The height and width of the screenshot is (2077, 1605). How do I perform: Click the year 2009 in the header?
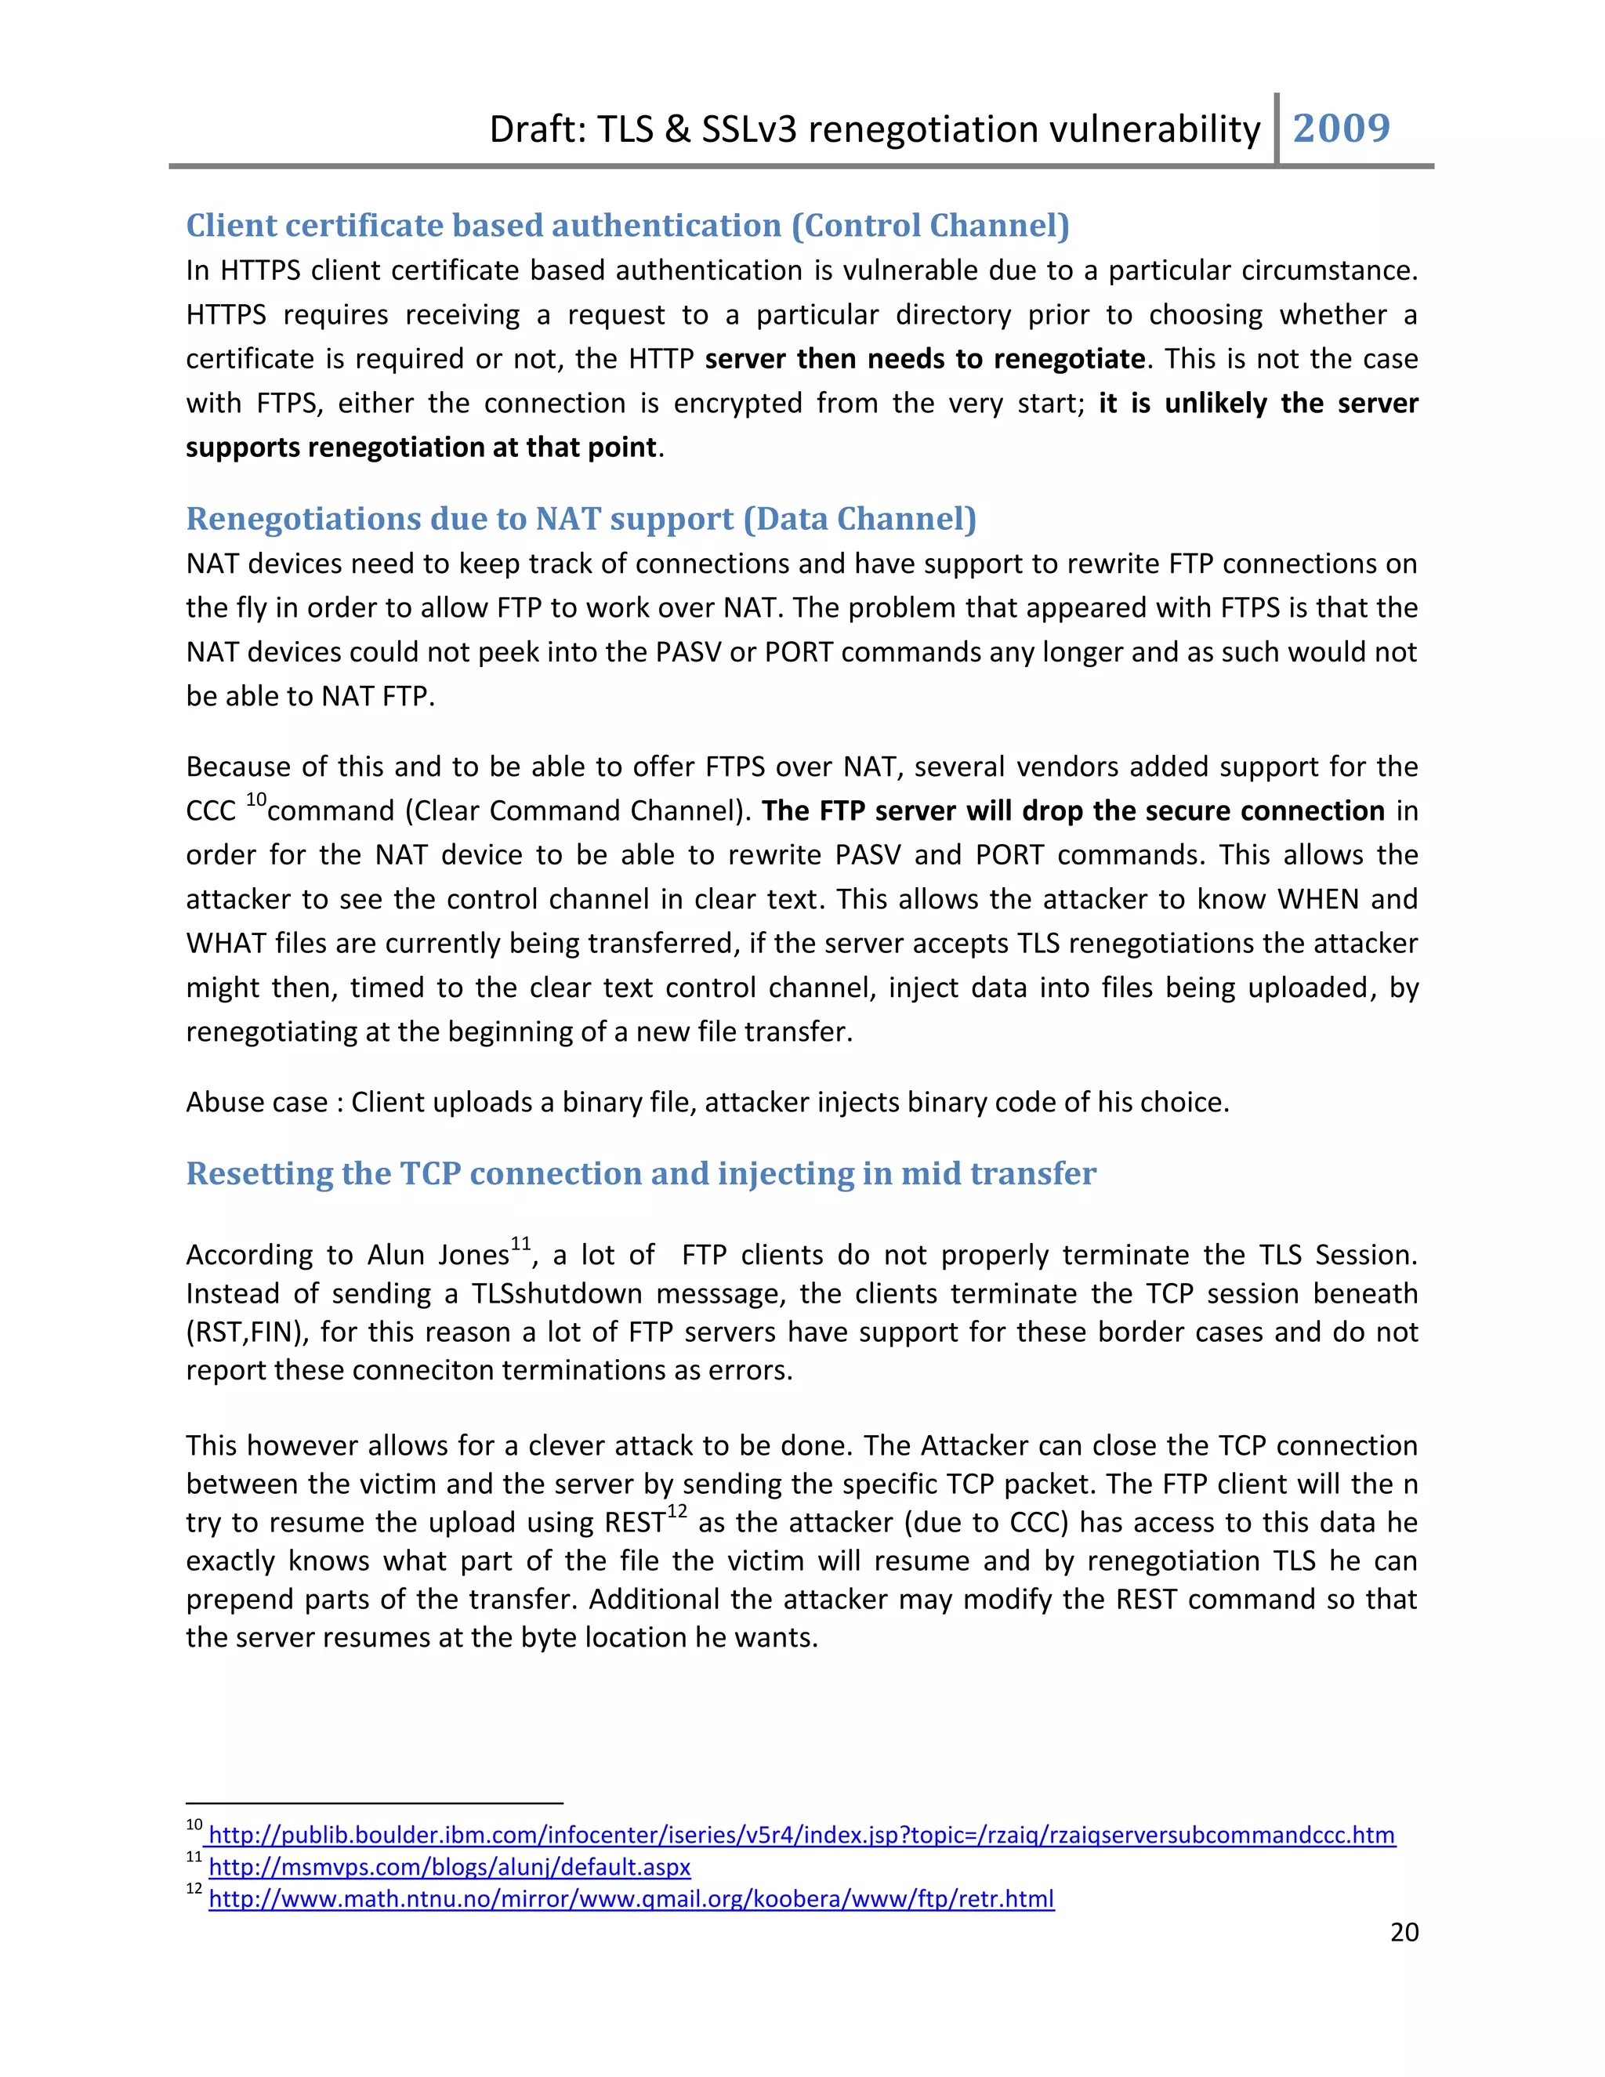point(1341,129)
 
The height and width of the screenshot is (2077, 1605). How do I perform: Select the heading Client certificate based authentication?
point(628,226)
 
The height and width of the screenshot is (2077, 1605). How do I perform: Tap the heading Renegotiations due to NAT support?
point(581,518)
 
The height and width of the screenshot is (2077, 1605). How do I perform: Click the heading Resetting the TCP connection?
point(641,1173)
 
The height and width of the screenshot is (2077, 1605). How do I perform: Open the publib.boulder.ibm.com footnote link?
point(802,1836)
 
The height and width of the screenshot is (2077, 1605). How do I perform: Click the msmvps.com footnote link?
point(449,1867)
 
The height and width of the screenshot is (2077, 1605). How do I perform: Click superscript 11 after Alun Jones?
point(520,1244)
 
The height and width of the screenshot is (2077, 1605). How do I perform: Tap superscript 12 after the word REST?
point(676,1511)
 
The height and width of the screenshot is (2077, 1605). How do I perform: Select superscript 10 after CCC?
point(255,799)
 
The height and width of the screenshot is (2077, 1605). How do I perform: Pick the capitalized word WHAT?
point(226,944)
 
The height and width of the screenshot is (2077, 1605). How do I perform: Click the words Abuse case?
point(255,1102)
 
